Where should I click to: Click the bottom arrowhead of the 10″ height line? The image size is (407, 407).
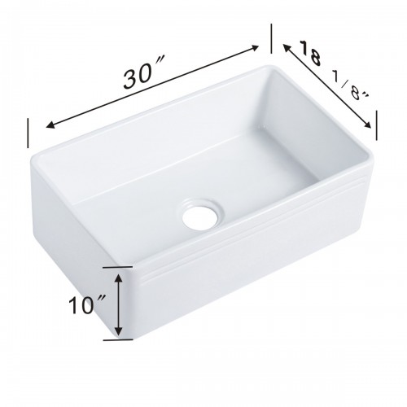120,333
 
